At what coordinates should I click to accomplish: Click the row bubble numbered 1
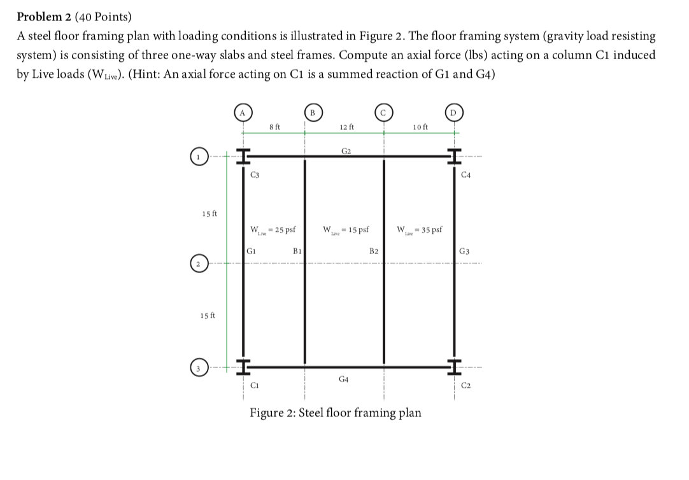(x=199, y=156)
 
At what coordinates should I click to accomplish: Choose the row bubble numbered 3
(x=199, y=368)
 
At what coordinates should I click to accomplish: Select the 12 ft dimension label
(x=347, y=127)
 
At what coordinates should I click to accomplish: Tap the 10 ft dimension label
(x=420, y=127)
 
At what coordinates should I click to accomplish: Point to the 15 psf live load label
(x=347, y=229)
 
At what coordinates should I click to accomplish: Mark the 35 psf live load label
(x=420, y=229)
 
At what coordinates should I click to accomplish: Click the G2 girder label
(x=346, y=151)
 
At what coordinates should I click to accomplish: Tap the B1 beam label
(x=297, y=251)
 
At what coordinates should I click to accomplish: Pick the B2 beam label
(x=374, y=251)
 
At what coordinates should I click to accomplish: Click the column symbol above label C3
(x=243, y=156)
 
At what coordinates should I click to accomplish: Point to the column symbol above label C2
(x=454, y=367)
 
